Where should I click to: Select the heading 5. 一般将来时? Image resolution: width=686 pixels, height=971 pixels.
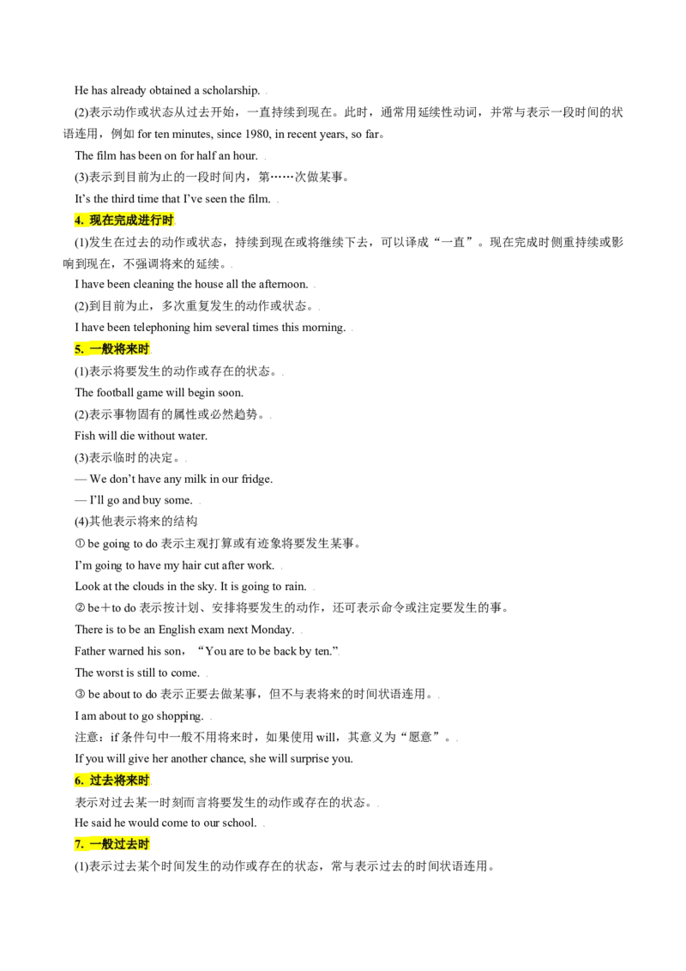click(111, 349)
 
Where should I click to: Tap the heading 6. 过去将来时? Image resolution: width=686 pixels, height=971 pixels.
click(111, 781)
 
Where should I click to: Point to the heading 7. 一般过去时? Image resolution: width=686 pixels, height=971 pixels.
click(111, 844)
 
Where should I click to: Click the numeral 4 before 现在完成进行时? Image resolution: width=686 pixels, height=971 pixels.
click(78, 220)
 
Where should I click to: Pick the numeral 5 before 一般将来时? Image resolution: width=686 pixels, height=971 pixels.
click(78, 349)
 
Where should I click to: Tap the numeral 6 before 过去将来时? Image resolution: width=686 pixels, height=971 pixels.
click(78, 781)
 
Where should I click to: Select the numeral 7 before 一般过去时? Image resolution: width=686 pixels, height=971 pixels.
click(78, 844)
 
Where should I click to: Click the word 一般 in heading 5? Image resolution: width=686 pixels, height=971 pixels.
click(101, 349)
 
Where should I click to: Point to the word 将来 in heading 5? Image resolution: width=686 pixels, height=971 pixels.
click(125, 349)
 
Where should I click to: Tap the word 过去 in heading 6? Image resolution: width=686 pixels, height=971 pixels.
click(101, 781)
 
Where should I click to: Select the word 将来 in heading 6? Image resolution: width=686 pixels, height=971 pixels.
click(125, 781)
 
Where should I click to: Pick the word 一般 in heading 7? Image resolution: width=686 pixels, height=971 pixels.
click(101, 844)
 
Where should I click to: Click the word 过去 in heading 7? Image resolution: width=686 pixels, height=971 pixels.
click(125, 844)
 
